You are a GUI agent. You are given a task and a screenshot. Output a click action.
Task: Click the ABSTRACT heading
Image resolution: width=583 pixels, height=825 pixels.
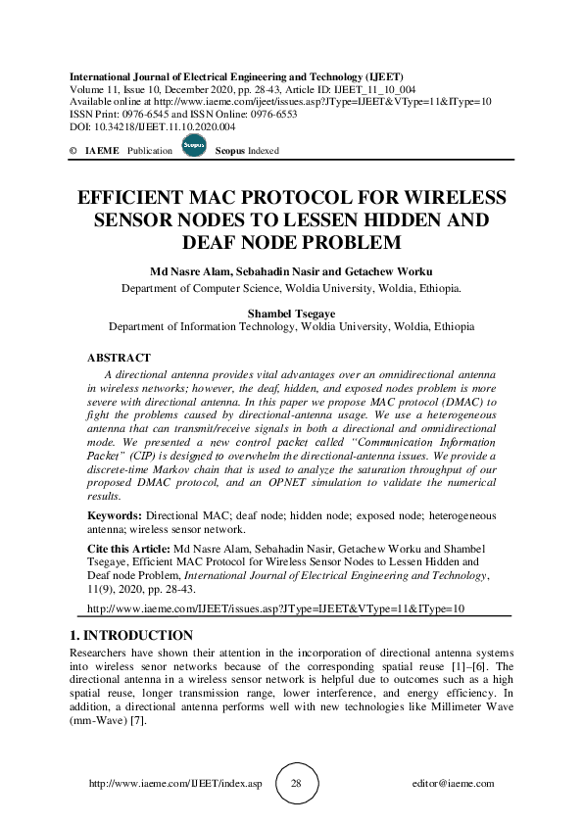pyautogui.click(x=119, y=359)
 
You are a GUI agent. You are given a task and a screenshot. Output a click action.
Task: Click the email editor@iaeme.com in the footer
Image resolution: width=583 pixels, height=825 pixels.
pyautogui.click(x=454, y=784)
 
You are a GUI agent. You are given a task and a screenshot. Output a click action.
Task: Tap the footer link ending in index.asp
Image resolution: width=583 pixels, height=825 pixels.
pyautogui.click(x=175, y=784)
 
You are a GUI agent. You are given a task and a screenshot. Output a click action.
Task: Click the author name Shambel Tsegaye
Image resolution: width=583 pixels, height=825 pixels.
pyautogui.click(x=291, y=314)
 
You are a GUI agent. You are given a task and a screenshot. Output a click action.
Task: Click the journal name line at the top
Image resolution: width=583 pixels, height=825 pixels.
pyautogui.click(x=236, y=76)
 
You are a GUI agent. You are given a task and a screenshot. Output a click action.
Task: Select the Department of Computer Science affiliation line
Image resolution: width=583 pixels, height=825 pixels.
pyautogui.click(x=291, y=289)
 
